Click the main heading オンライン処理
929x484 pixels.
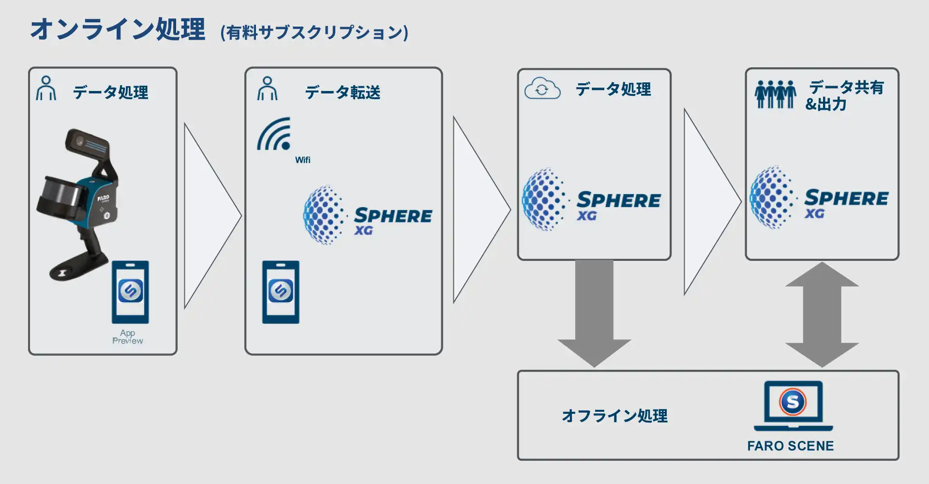(x=118, y=30)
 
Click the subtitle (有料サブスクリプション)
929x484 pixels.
(x=314, y=32)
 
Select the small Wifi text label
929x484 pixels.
(x=303, y=160)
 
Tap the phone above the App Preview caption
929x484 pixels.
(x=130, y=292)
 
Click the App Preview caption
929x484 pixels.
(x=128, y=337)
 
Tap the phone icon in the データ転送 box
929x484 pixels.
(x=281, y=292)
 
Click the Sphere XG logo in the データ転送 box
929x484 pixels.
(x=368, y=215)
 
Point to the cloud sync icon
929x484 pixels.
(x=542, y=89)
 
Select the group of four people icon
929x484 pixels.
(x=775, y=94)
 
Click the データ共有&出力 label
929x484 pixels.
(x=844, y=95)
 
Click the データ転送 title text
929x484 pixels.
(x=343, y=92)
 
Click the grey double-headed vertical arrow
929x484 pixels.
(x=822, y=315)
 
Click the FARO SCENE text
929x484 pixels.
(x=790, y=446)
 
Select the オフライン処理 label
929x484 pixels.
(x=614, y=416)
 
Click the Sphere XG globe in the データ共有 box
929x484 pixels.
(x=772, y=197)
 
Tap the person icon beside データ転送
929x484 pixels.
(x=267, y=89)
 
